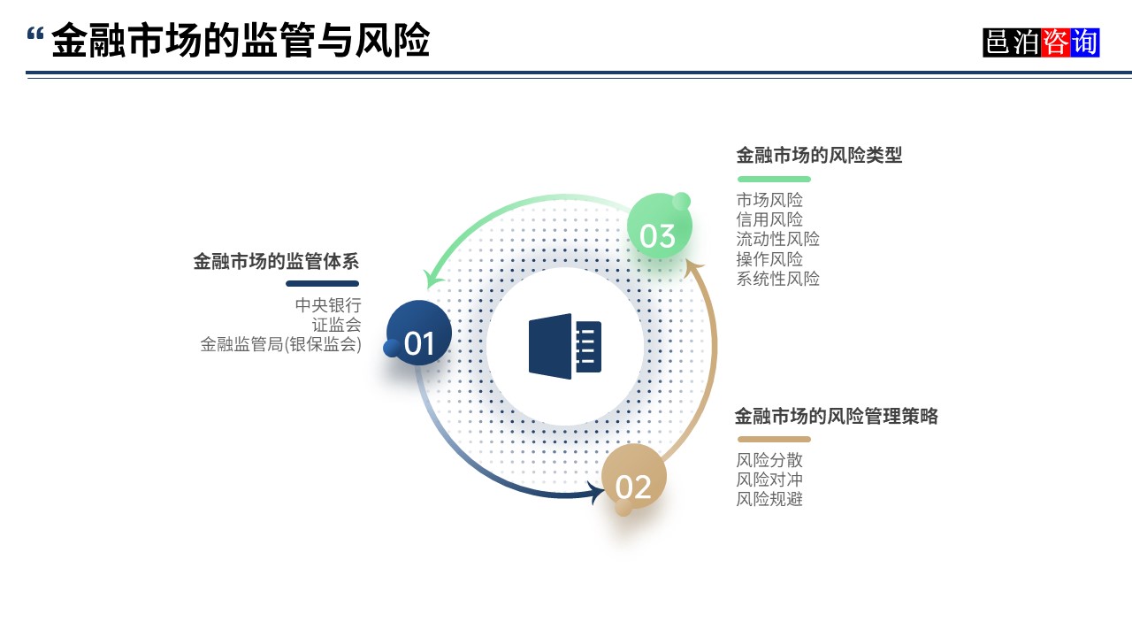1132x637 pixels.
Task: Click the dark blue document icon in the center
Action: [x=565, y=346]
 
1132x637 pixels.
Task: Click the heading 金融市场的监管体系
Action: [x=276, y=262]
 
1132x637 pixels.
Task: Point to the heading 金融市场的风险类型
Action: [x=819, y=156]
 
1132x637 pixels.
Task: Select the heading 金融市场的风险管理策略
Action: [x=836, y=417]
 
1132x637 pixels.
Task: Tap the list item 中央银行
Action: [x=328, y=305]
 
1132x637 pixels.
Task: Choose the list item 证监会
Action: [x=336, y=325]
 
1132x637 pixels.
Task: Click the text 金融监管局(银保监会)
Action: [x=281, y=344]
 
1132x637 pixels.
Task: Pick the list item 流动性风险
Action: [x=777, y=239]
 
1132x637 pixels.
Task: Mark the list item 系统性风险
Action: [x=777, y=279]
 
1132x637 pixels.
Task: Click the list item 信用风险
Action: [x=769, y=219]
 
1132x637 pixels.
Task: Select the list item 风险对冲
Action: [x=769, y=480]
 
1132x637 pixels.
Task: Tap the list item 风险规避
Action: [x=769, y=499]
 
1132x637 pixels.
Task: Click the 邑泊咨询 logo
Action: [x=1041, y=42]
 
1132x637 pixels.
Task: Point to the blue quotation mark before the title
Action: [x=35, y=35]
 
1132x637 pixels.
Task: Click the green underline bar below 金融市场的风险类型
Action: [x=774, y=180]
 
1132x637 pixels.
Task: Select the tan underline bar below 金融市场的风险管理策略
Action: [x=774, y=440]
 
